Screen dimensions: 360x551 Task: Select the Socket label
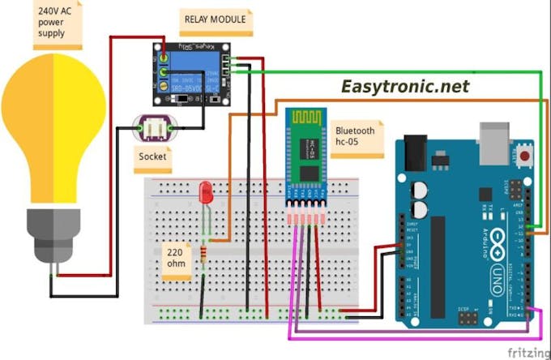pyautogui.click(x=153, y=156)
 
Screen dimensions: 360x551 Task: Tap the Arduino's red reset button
pyautogui.click(x=527, y=153)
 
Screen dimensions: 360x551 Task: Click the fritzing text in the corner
pyautogui.click(x=526, y=352)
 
